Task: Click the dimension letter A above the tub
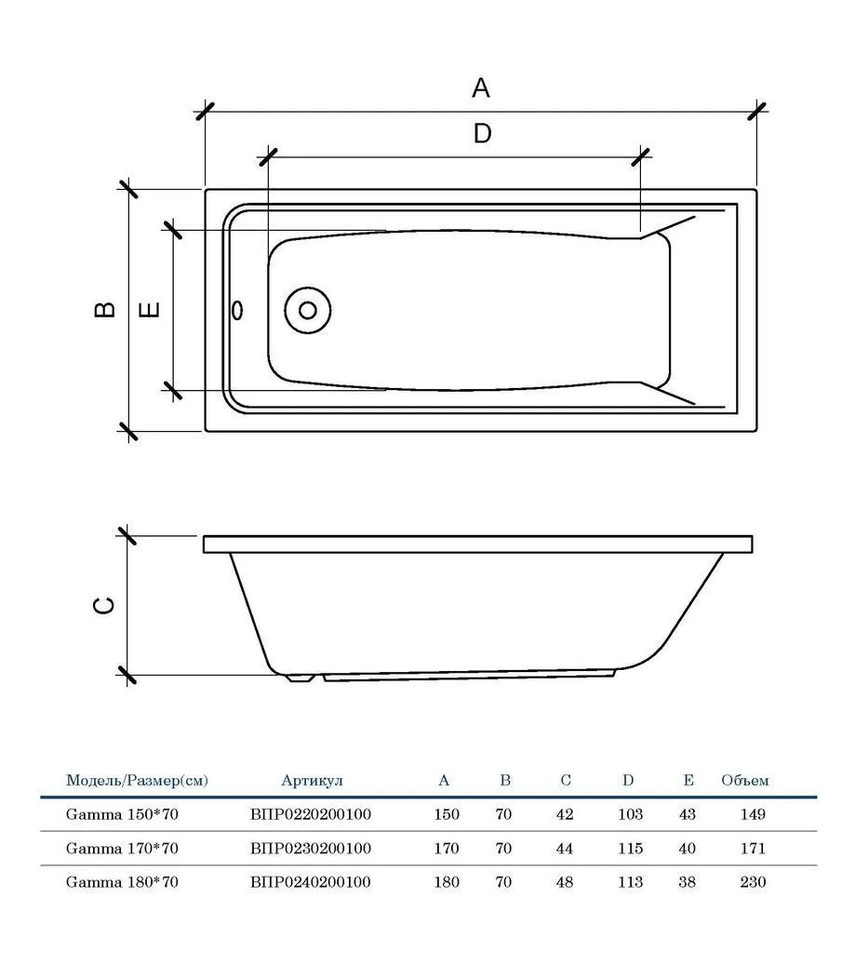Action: click(x=481, y=88)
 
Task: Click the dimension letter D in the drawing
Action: click(x=483, y=133)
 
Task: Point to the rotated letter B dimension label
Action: click(x=105, y=309)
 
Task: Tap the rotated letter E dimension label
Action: click(x=150, y=309)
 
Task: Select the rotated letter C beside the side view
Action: click(x=104, y=605)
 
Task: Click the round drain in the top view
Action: click(x=308, y=311)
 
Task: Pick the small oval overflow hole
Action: click(x=237, y=310)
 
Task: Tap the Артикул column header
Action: click(x=312, y=781)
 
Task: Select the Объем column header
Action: click(x=745, y=781)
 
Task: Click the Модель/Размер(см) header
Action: click(x=137, y=781)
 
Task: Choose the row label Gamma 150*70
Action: click(x=122, y=814)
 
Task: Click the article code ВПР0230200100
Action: click(x=311, y=849)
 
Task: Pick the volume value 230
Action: click(x=753, y=882)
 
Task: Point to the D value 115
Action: click(x=630, y=849)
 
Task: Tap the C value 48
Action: click(x=565, y=882)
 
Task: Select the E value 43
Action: click(x=688, y=814)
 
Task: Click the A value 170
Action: click(x=447, y=849)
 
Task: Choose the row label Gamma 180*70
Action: click(x=122, y=882)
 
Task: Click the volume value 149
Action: click(x=753, y=814)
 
